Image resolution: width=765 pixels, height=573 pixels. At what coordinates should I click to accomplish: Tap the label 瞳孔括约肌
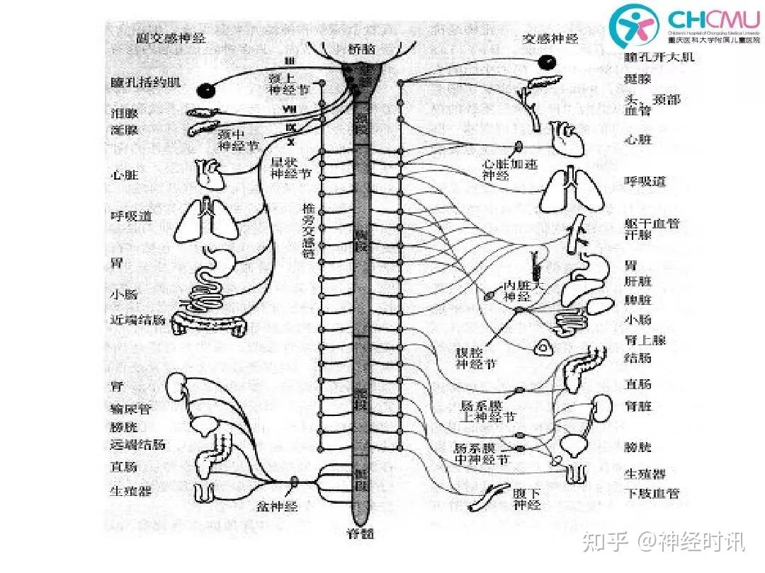[146, 82]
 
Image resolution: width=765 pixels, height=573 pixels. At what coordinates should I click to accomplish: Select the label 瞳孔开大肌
[659, 57]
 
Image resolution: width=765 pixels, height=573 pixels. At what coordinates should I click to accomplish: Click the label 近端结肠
[137, 320]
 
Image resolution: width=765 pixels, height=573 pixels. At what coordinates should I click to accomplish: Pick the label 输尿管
[130, 408]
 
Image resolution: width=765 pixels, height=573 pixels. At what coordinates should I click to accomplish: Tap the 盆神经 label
[279, 507]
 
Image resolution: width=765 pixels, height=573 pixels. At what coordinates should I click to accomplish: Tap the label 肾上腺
[645, 340]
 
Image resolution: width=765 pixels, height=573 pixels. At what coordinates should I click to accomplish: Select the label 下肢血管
[652, 493]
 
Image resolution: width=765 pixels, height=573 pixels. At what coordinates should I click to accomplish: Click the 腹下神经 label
[527, 499]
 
